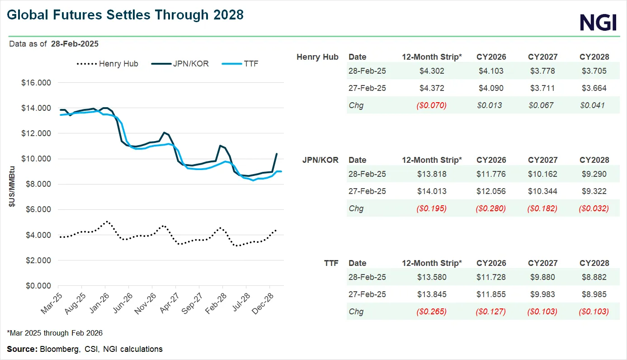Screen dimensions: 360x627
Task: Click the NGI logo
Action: (x=598, y=22)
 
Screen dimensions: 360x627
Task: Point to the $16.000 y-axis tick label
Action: (x=36, y=83)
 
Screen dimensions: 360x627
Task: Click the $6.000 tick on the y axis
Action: (x=36, y=210)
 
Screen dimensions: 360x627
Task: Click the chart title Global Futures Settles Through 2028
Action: (x=125, y=15)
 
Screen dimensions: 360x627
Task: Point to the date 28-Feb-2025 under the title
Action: (x=75, y=44)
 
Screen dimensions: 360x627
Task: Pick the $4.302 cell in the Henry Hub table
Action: (x=432, y=71)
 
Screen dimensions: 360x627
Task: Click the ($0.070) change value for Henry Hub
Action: (x=432, y=105)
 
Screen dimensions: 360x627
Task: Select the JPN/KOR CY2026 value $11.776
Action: (x=491, y=174)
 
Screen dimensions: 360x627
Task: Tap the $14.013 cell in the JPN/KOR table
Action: (x=432, y=191)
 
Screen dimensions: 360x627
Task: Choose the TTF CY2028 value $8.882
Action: (x=594, y=277)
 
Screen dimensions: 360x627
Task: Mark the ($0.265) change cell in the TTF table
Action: (x=432, y=312)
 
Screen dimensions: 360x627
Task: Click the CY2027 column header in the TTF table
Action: (x=542, y=263)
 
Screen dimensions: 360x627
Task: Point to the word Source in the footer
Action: (x=22, y=349)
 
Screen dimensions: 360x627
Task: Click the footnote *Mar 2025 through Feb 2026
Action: (x=55, y=333)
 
